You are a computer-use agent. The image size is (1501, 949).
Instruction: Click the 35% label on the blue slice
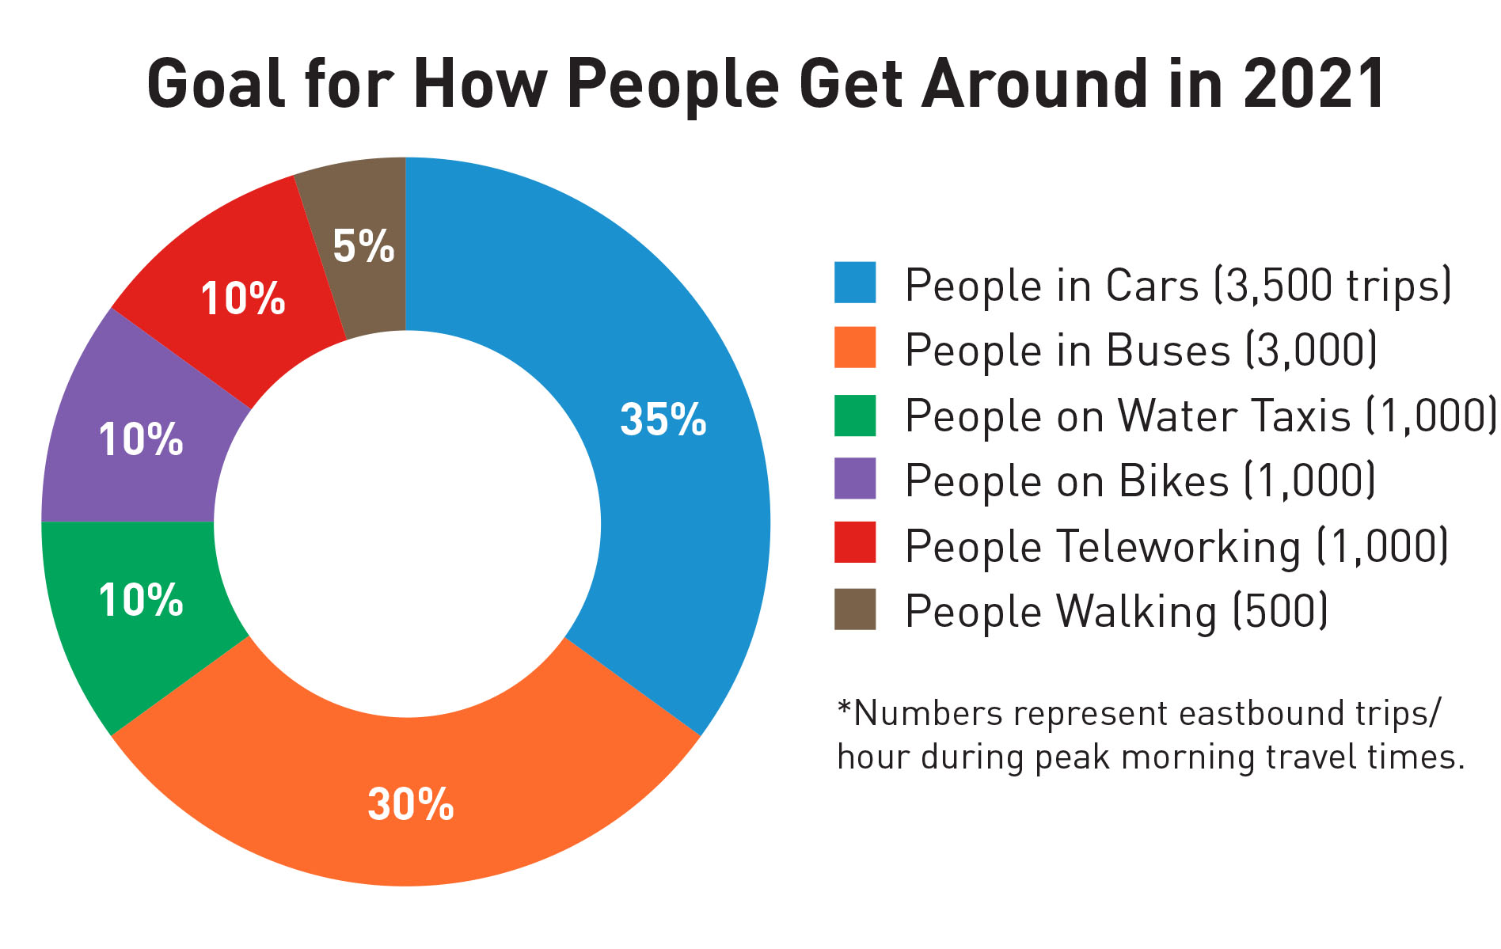(663, 419)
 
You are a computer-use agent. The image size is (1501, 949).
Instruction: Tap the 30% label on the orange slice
(410, 804)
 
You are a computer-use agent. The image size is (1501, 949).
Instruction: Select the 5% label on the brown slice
(363, 246)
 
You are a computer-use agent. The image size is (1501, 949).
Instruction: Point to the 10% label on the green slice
(141, 600)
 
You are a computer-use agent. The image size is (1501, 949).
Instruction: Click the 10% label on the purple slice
(141, 439)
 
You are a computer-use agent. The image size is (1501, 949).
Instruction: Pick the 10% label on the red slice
(242, 299)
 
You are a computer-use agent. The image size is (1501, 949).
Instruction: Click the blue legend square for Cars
(855, 283)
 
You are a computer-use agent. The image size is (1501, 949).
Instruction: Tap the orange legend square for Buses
(855, 347)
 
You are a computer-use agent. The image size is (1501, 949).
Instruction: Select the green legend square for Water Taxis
(855, 415)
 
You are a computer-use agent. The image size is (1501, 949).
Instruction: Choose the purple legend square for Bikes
(855, 479)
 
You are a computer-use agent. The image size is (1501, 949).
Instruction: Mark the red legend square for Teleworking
(855, 543)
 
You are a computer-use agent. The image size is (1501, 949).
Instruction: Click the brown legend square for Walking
(855, 609)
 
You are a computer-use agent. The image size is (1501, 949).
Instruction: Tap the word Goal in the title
(215, 84)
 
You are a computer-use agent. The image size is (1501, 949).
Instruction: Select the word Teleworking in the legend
(1179, 547)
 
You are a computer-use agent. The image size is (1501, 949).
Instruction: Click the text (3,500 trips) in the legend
(1332, 286)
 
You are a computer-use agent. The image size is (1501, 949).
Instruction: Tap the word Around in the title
(1034, 84)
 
